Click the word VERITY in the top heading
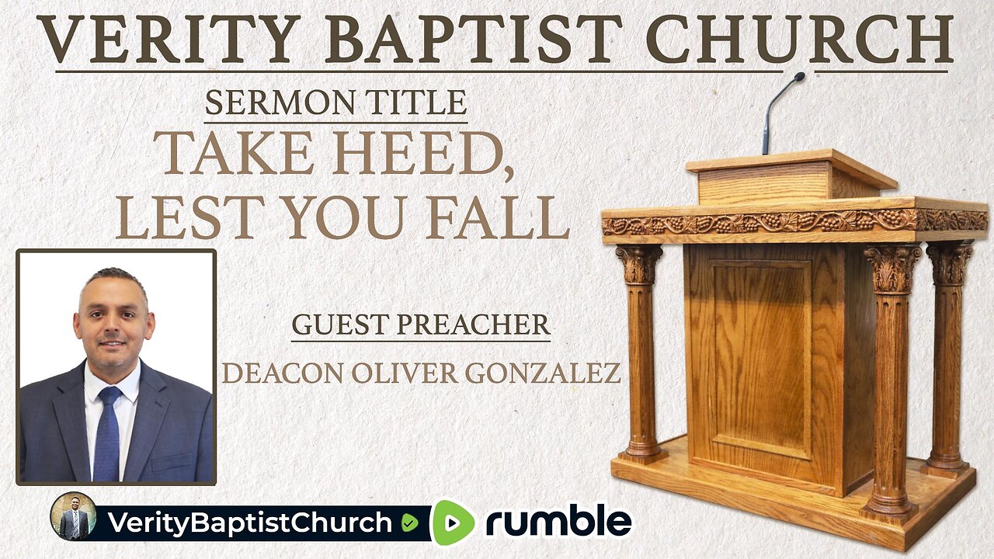point(169,40)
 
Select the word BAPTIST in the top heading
point(474,40)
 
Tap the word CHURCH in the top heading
point(800,40)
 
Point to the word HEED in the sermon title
point(421,153)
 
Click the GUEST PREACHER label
point(421,325)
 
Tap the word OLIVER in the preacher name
point(405,373)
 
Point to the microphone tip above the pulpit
point(799,77)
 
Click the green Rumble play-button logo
point(454,523)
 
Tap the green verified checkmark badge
point(409,523)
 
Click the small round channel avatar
point(73,516)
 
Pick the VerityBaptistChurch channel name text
point(250,523)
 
